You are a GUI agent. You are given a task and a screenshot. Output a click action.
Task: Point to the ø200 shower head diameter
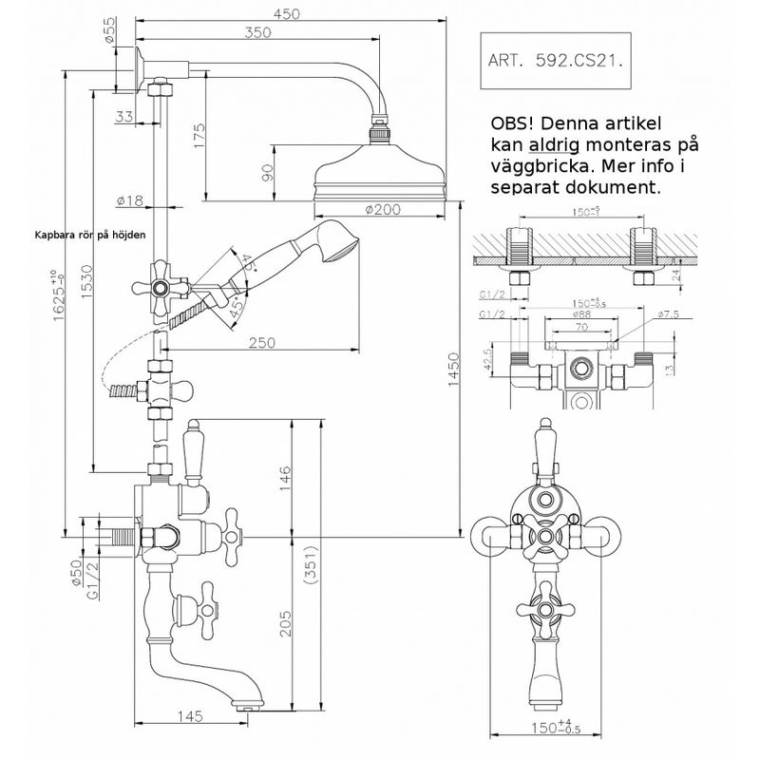click(381, 209)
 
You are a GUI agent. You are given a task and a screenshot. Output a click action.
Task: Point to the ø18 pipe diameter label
click(130, 200)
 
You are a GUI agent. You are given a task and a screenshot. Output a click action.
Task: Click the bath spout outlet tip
click(248, 704)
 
